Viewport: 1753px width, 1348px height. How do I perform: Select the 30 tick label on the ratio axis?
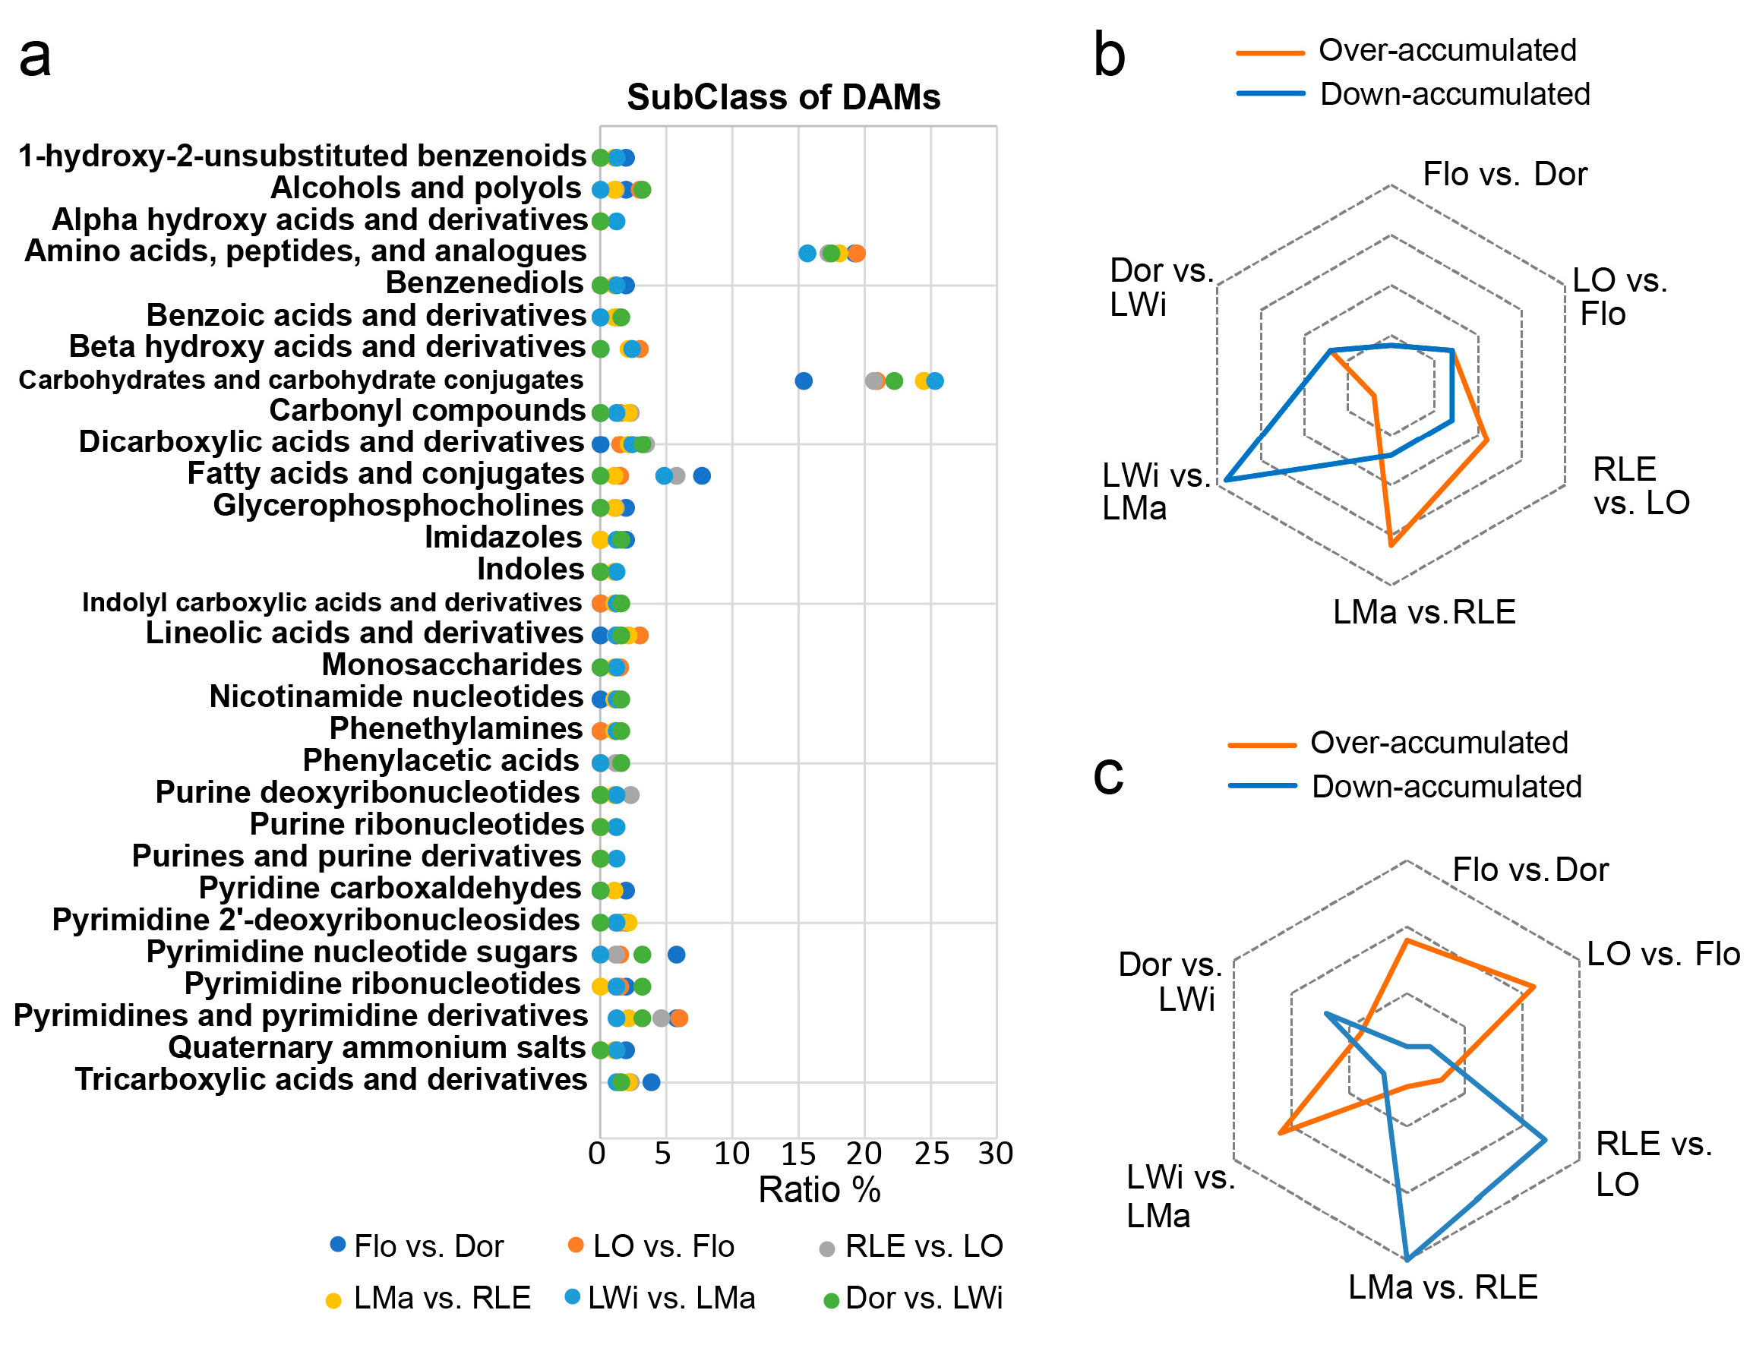click(x=994, y=1153)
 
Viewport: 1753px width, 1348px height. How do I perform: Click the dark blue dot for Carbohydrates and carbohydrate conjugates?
click(x=802, y=380)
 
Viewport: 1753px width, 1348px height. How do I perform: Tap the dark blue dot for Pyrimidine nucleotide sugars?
click(x=675, y=954)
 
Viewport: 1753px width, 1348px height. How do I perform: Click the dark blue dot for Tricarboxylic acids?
click(x=651, y=1081)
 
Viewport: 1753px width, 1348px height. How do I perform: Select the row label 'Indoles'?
click(x=529, y=569)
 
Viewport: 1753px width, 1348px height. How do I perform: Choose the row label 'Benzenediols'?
click(x=484, y=283)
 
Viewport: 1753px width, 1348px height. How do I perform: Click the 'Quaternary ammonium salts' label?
click(x=376, y=1047)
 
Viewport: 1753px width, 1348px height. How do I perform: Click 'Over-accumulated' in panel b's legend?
click(x=1446, y=50)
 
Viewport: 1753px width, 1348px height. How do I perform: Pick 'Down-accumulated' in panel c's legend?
click(x=1445, y=786)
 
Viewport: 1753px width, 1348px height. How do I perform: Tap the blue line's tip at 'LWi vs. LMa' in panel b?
click(x=1225, y=480)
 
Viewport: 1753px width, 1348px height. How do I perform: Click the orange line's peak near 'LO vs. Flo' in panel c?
click(x=1533, y=985)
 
